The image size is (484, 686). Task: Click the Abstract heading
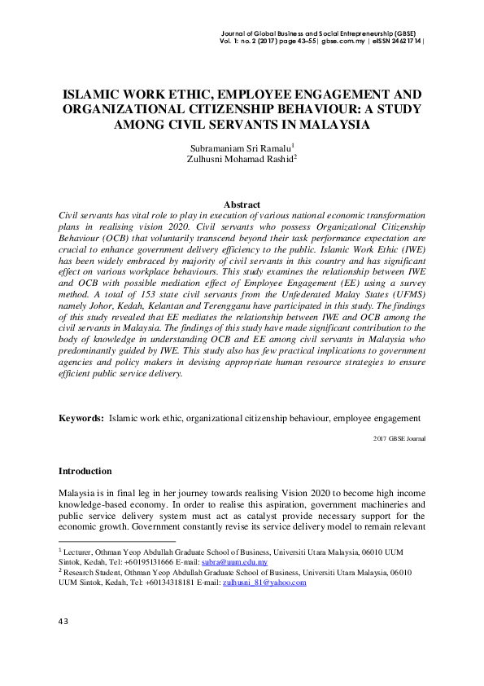[x=242, y=204]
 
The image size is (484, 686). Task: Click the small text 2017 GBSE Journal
[x=399, y=438]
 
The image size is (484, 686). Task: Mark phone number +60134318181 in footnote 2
[x=173, y=583]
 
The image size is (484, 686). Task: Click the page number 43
[x=63, y=622]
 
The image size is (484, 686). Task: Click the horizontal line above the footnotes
[x=117, y=541]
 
